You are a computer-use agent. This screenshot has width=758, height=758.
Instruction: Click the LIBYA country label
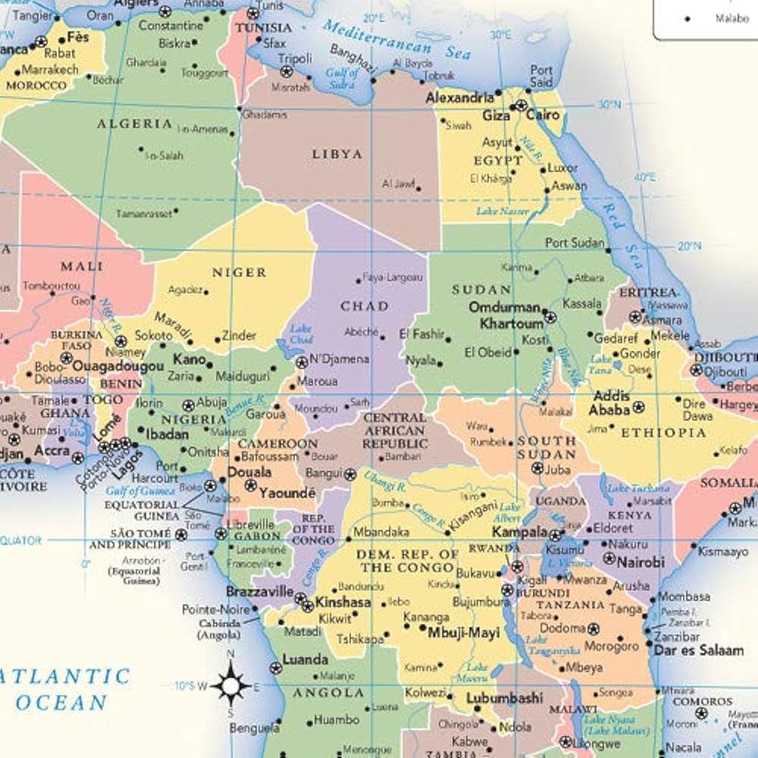(337, 154)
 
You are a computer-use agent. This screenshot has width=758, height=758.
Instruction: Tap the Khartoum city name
(511, 324)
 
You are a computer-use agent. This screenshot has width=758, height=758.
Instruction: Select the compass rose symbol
(230, 684)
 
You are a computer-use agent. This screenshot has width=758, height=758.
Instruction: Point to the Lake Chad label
(301, 334)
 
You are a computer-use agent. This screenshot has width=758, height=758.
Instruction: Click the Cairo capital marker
(521, 106)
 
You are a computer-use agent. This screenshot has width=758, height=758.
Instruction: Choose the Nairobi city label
(641, 562)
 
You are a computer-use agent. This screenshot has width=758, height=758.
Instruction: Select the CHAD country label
(365, 306)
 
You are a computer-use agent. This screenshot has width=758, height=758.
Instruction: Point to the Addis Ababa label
(611, 402)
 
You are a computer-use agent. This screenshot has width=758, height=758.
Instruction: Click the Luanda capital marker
(276, 668)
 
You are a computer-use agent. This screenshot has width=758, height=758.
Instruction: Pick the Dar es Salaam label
(698, 650)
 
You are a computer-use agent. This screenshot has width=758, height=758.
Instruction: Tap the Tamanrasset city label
(144, 215)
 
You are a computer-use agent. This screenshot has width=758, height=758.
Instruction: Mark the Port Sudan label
(575, 243)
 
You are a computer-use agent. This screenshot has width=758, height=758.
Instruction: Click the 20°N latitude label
(689, 246)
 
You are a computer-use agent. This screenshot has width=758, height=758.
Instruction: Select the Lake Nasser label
(503, 211)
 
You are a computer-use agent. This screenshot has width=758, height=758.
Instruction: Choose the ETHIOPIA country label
(663, 433)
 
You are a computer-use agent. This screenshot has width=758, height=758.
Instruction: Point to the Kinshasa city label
(343, 603)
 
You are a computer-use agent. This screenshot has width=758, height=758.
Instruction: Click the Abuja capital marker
(189, 406)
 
